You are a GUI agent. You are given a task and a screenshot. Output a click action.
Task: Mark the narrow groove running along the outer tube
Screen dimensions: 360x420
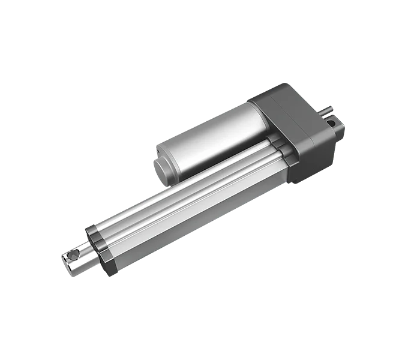[x=186, y=179]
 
